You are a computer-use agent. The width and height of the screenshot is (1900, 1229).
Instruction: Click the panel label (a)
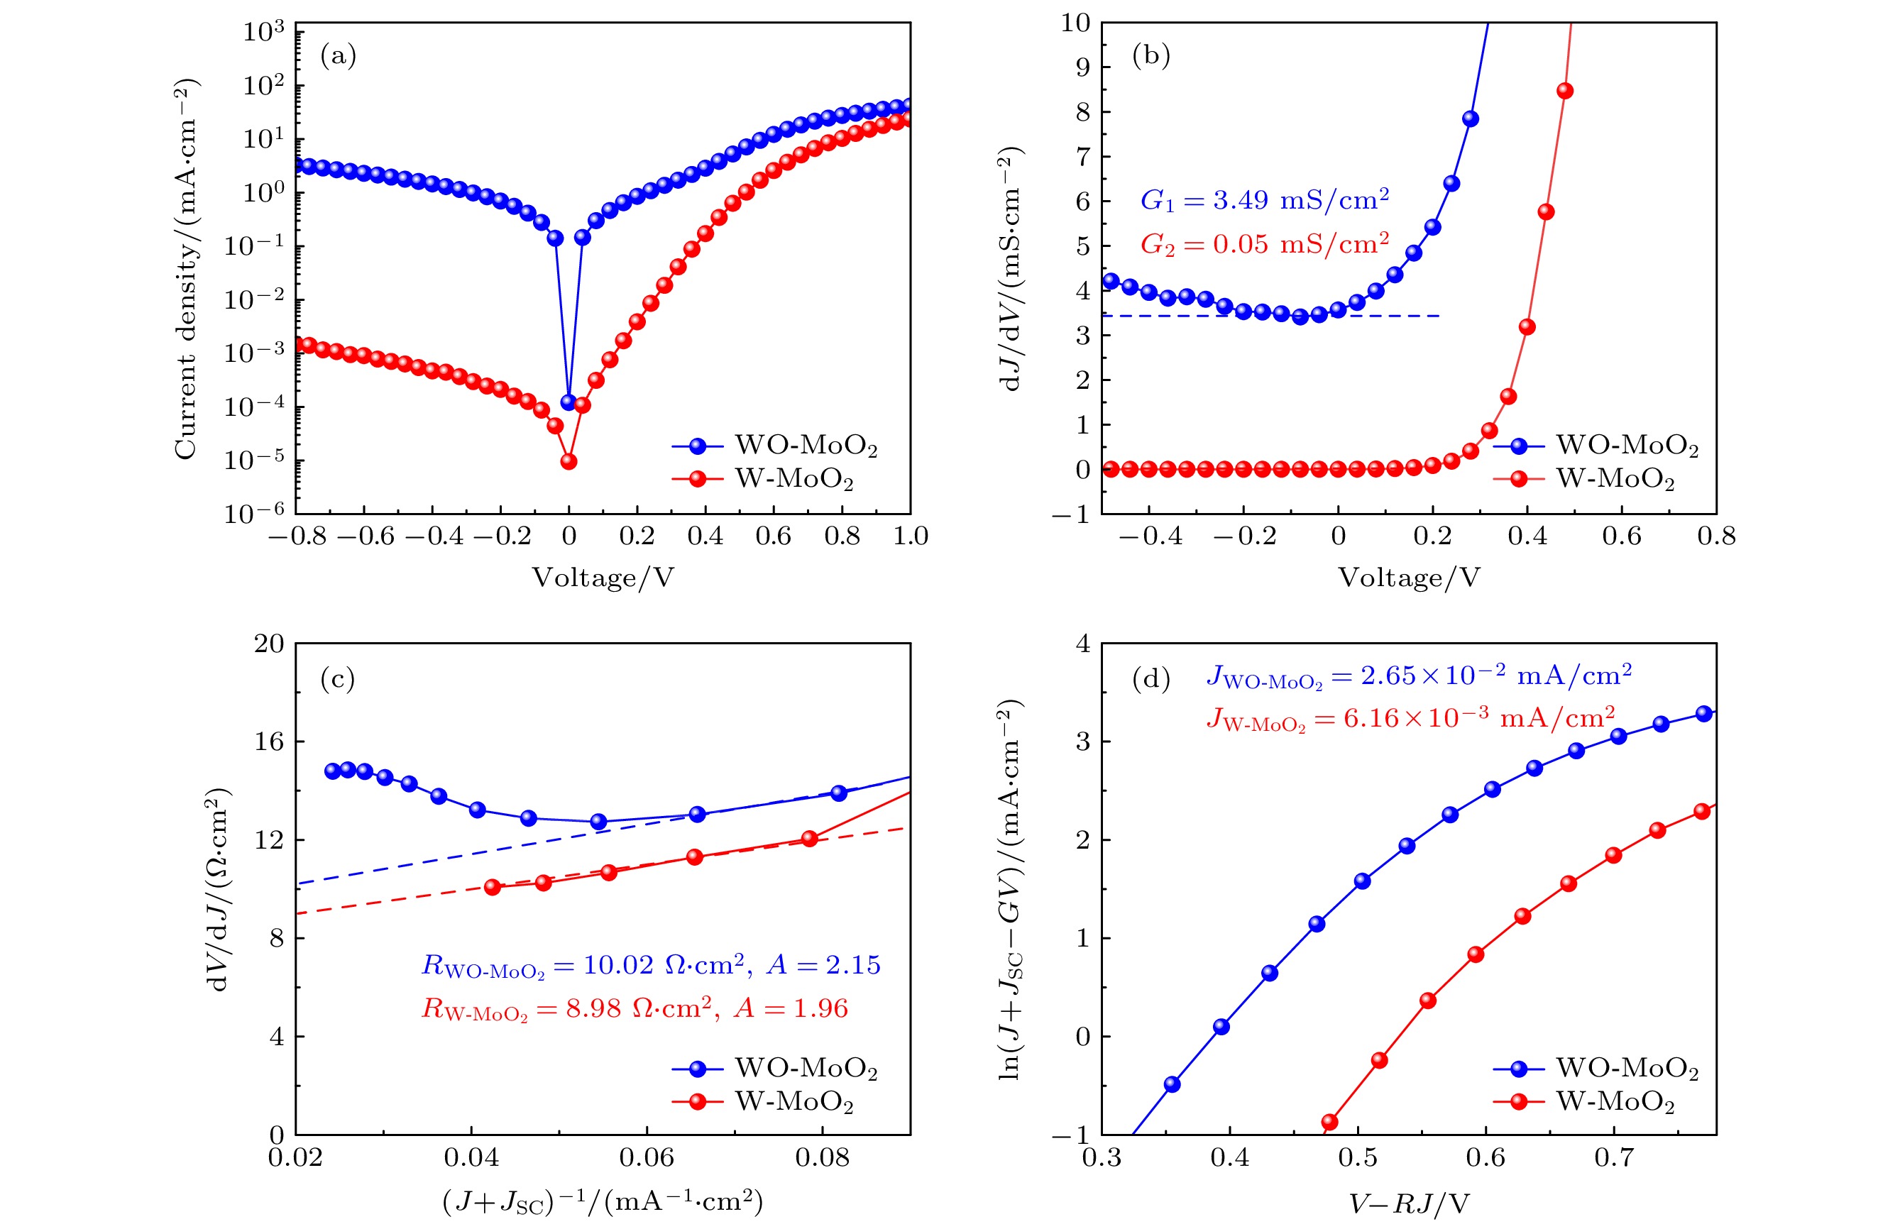point(338,56)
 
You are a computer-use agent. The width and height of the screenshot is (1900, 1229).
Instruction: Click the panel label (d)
point(1151,679)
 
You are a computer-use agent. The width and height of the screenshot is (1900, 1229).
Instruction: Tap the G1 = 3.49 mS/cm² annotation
point(1264,199)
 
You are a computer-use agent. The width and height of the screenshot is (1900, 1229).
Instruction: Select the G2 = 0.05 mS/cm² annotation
point(1264,243)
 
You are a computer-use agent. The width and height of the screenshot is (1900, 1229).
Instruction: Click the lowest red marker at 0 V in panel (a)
point(569,461)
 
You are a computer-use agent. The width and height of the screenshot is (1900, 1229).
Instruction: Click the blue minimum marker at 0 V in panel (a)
point(569,403)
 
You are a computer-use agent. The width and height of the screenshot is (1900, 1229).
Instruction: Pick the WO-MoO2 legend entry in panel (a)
point(774,446)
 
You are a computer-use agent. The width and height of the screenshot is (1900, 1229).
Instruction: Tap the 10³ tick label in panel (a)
point(263,32)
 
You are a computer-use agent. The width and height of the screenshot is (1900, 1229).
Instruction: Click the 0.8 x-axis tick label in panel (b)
point(1715,536)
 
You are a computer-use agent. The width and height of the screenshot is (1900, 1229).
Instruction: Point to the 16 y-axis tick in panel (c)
point(269,742)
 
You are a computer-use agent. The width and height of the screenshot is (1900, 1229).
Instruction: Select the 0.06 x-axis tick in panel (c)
point(647,1157)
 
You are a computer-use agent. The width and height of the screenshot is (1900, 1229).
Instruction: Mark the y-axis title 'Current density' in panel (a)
point(186,268)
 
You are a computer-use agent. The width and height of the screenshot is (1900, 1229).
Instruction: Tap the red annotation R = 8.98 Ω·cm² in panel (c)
point(635,1010)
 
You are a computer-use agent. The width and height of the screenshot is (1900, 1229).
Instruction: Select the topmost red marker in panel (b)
point(1565,91)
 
